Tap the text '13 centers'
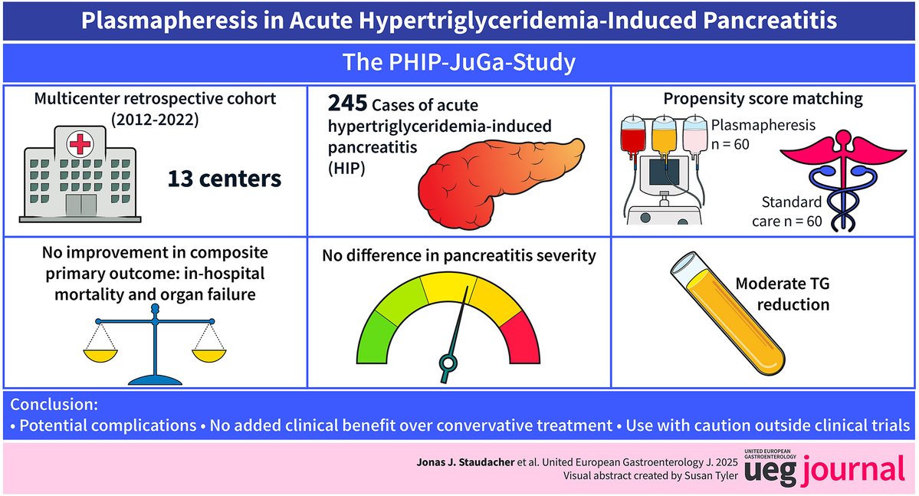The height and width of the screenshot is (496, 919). pyautogui.click(x=225, y=179)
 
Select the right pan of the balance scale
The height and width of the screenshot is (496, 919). pyautogui.click(x=214, y=355)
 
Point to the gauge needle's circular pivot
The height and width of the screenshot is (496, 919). pyautogui.click(x=448, y=363)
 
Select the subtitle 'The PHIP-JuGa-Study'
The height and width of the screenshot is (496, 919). pyautogui.click(x=459, y=63)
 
